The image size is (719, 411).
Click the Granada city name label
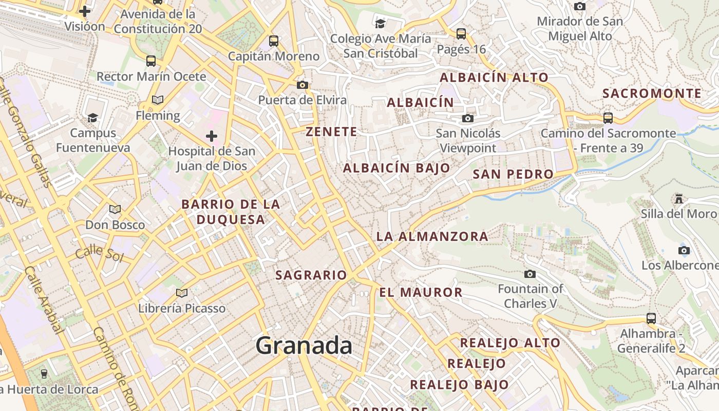pos(304,345)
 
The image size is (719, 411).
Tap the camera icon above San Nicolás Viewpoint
pos(467,119)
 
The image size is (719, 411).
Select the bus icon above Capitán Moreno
pos(274,41)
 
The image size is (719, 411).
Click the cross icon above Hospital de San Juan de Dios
pos(211,136)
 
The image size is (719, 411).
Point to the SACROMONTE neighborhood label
pos(652,94)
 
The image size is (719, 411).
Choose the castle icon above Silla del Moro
pos(679,199)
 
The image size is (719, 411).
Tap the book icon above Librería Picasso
pos(181,293)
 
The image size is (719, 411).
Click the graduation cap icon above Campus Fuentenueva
pos(92,118)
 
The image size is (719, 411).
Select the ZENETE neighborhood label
pos(332,132)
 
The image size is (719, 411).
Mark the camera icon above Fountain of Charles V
pos(530,274)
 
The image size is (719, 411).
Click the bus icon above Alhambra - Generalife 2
pos(651,319)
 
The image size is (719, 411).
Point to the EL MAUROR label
pos(421,293)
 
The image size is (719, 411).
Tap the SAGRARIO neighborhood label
pos(311,275)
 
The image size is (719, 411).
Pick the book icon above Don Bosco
pos(115,210)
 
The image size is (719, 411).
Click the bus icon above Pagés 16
pos(461,34)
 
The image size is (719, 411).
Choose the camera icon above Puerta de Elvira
pos(302,85)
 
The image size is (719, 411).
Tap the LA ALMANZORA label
pos(432,237)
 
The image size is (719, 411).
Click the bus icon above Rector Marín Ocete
pos(151,61)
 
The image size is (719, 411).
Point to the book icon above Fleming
pos(158,100)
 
